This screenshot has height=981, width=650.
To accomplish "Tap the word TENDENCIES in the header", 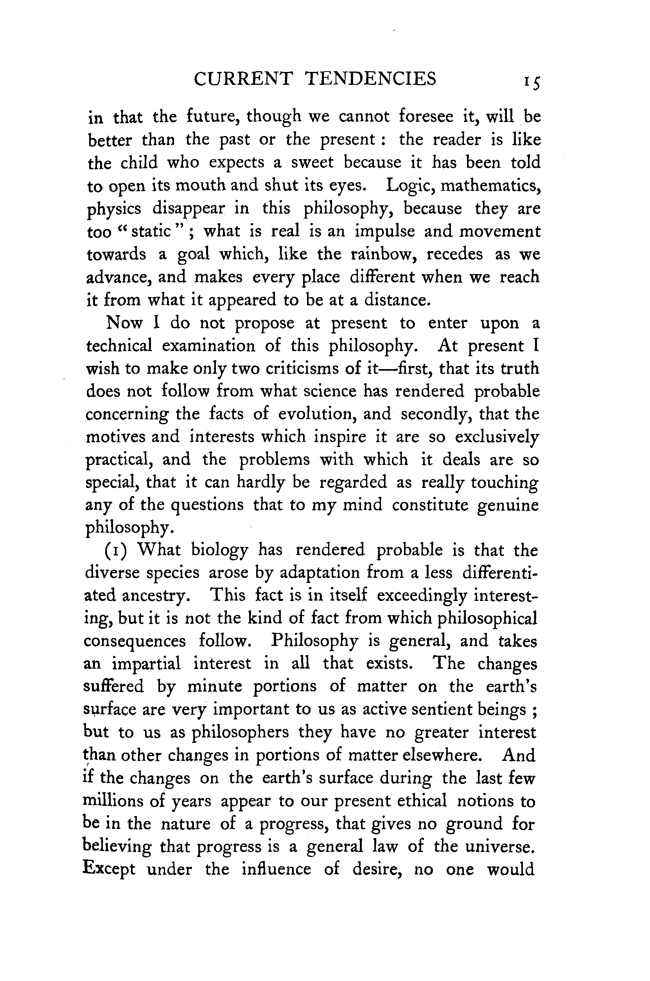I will click(370, 79).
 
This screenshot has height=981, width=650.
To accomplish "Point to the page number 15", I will click(531, 82).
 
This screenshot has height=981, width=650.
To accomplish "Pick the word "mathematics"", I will click(490, 185).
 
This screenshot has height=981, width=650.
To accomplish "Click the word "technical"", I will click(119, 346).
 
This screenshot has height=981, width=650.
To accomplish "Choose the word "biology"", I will click(219, 551).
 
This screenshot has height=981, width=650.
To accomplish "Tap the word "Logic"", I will click(410, 185).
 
